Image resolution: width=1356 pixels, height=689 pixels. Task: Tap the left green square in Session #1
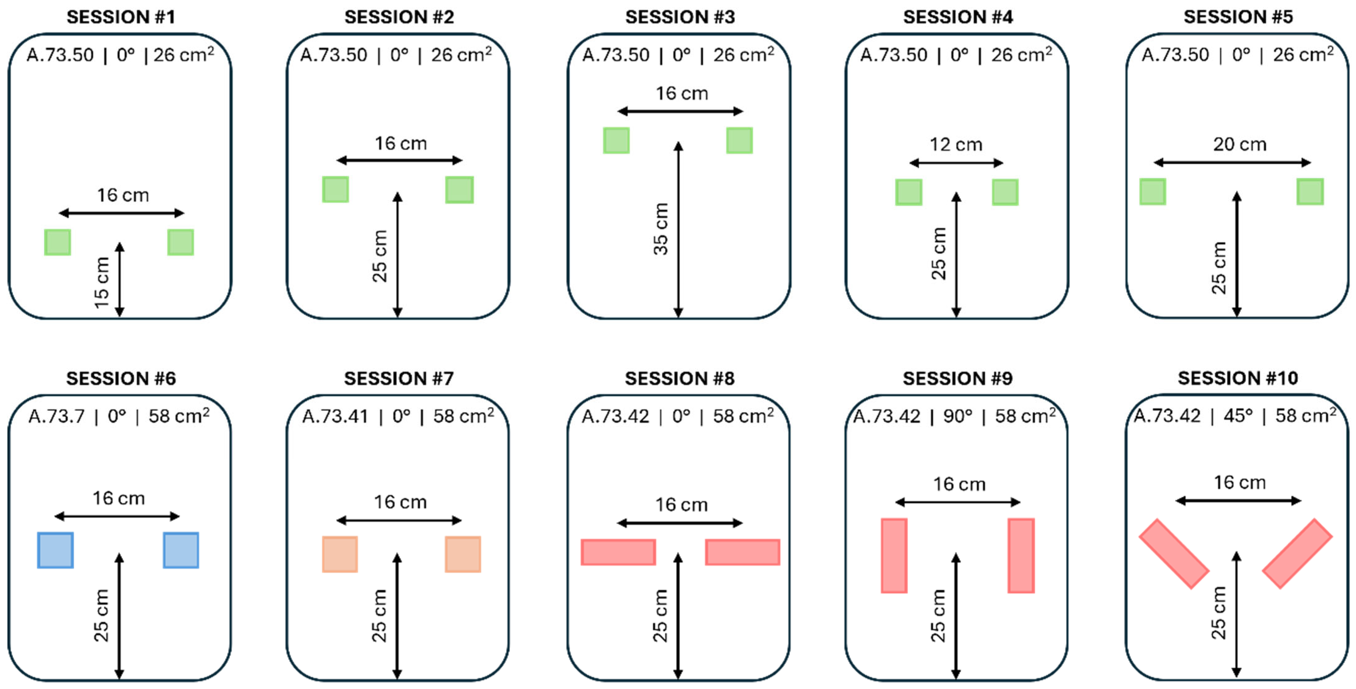pos(57,242)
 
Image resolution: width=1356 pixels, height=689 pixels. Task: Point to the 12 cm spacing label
pos(956,144)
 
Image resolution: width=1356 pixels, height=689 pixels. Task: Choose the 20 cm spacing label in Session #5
pos(1240,144)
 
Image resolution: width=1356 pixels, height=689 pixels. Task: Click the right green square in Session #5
pos(1310,192)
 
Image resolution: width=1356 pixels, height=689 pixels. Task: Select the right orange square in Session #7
pos(463,554)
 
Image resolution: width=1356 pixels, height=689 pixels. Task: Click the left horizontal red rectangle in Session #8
pos(618,552)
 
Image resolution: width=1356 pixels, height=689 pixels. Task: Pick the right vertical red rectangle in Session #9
pos(1021,556)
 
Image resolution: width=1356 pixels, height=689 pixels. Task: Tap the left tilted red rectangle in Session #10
pos(1174,554)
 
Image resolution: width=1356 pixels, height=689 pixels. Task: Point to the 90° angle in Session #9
pos(957,417)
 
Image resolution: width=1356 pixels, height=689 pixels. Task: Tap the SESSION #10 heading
pos(1238,378)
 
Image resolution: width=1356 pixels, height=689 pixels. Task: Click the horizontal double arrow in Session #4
pos(956,163)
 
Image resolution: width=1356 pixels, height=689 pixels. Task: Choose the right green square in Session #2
pos(459,189)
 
